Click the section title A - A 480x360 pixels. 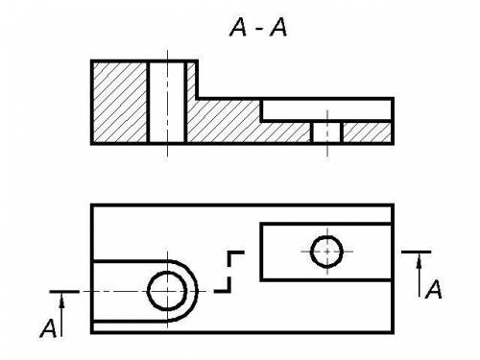[258, 27]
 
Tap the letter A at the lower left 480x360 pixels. [48, 328]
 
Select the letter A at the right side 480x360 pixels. [434, 289]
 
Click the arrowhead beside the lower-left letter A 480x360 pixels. [61, 301]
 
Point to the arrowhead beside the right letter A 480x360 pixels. [420, 262]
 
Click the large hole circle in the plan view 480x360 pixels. [167, 291]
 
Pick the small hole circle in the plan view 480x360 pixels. [326, 252]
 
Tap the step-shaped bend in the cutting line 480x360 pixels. [229, 272]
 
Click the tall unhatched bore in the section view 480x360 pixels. [167, 102]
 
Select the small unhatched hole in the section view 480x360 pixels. [326, 132]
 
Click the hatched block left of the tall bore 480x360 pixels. [120, 102]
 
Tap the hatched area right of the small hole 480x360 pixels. [367, 132]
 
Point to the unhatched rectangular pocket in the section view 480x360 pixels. [326, 110]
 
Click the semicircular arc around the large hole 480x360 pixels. [196, 291]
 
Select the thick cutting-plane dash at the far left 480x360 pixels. [64, 292]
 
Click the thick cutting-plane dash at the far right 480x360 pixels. [417, 252]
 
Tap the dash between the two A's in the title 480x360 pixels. [259, 29]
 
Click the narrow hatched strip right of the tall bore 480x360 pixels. [191, 80]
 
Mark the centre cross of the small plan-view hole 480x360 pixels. [326, 252]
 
